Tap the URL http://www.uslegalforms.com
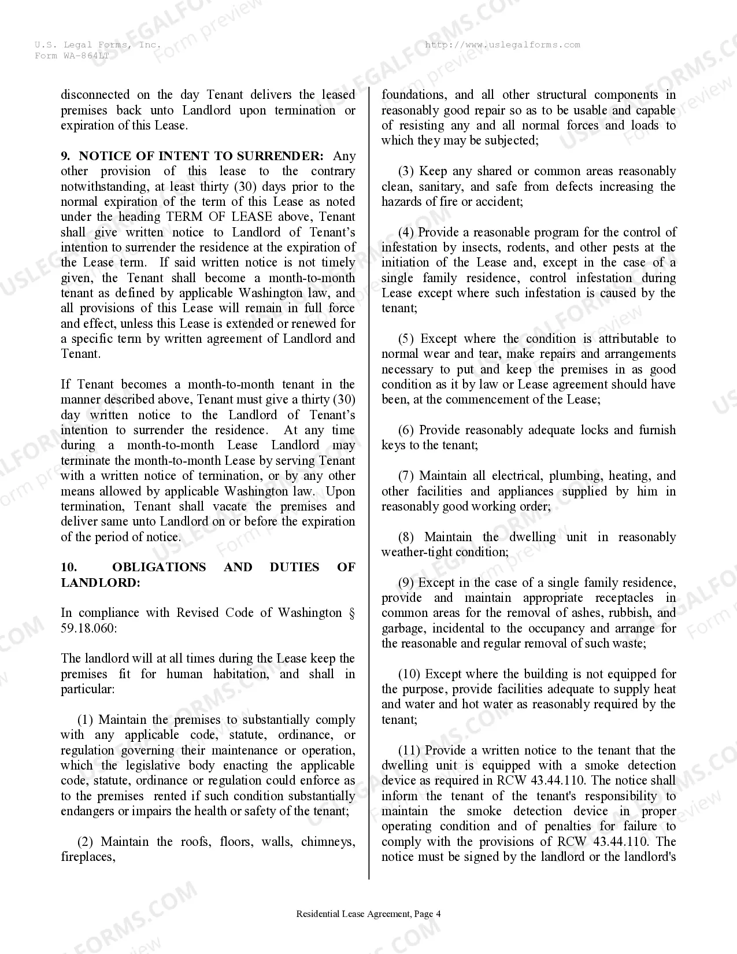(x=502, y=45)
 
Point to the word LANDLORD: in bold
(x=101, y=582)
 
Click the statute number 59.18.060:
(x=88, y=628)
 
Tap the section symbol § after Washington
(x=351, y=613)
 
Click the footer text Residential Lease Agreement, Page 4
(x=368, y=914)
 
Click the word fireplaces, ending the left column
(x=88, y=857)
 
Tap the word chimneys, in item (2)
(x=328, y=842)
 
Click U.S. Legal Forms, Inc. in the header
(x=98, y=45)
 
